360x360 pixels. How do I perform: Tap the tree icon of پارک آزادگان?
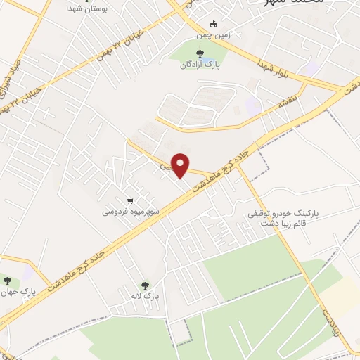[199, 53]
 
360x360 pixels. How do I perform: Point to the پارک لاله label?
[146, 297]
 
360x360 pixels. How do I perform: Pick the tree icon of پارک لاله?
[146, 285]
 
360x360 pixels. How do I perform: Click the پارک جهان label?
[17, 290]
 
